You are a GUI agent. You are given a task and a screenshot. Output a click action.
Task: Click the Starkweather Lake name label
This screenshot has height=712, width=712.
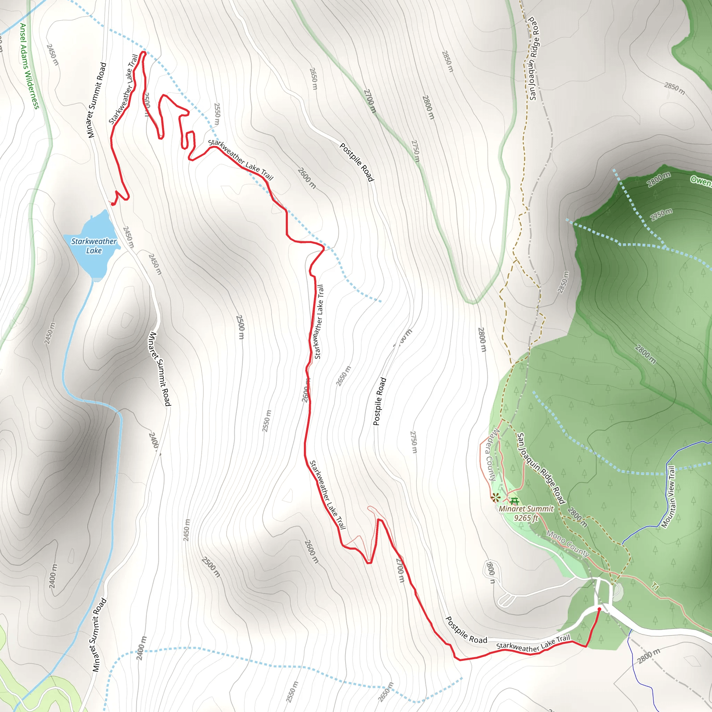(94, 246)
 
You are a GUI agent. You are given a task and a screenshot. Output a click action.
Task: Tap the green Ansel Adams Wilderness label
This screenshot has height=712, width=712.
(29, 66)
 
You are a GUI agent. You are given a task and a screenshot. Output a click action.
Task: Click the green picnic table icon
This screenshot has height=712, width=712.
(515, 501)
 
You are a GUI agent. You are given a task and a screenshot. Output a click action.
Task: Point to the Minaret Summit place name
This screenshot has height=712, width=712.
(526, 509)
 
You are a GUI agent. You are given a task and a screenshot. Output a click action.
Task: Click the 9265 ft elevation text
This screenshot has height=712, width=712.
(526, 518)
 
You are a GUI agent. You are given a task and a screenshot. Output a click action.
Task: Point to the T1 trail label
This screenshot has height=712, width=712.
(655, 587)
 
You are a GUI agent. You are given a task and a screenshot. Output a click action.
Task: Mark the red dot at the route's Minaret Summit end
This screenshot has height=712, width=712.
(599, 609)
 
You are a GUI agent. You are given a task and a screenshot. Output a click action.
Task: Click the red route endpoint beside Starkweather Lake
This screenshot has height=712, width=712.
(113, 204)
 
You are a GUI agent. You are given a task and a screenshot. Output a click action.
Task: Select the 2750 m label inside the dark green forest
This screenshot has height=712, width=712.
(662, 215)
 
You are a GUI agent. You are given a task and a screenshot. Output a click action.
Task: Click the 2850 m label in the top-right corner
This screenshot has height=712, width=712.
(674, 88)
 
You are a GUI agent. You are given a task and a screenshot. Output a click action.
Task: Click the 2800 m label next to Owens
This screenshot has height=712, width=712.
(659, 179)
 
